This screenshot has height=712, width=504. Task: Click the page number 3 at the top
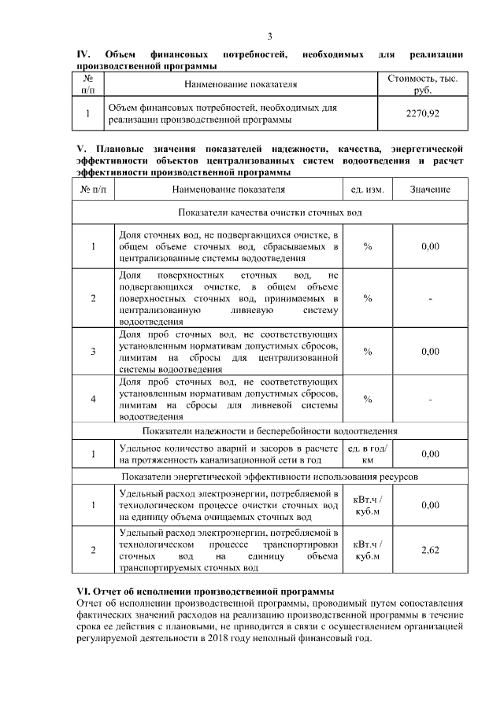(269, 37)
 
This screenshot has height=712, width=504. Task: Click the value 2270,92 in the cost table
(422, 113)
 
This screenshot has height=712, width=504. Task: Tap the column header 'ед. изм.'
(367, 190)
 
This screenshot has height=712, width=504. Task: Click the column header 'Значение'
(430, 190)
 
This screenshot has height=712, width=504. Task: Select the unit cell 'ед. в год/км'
(367, 453)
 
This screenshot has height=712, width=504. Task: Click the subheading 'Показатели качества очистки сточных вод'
(270, 213)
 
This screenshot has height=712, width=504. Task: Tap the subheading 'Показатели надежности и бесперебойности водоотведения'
(270, 431)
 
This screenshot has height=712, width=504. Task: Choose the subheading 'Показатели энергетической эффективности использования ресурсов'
(270, 476)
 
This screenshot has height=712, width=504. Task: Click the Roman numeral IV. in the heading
(83, 53)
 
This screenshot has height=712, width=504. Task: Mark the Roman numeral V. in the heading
(80, 149)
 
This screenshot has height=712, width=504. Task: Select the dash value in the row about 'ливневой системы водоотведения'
(430, 400)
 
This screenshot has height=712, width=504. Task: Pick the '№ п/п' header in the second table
(93, 190)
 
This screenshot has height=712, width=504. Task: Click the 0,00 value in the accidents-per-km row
(430, 454)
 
